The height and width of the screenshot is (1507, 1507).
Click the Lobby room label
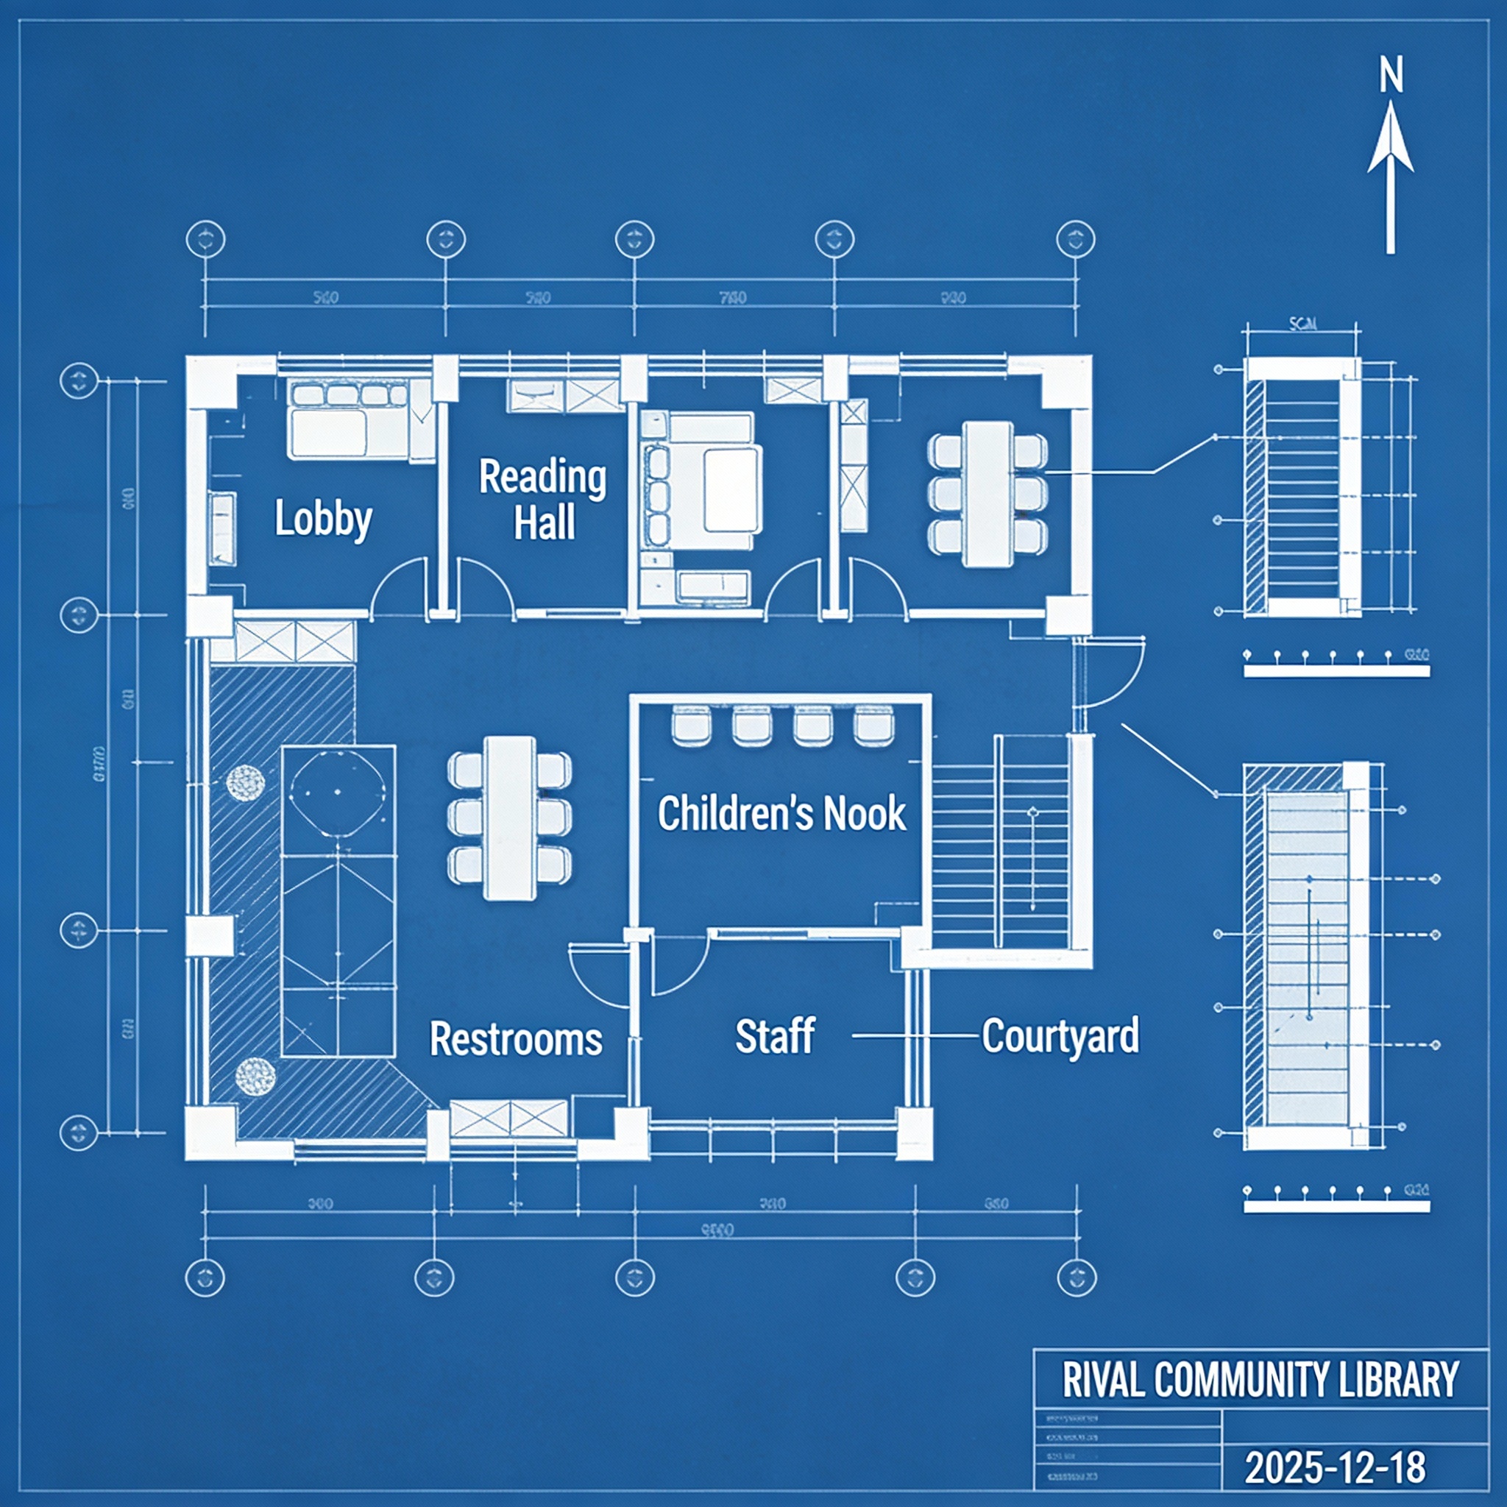pyautogui.click(x=323, y=519)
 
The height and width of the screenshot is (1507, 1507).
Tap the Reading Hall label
pyautogui.click(x=543, y=499)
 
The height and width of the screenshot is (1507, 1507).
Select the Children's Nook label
pyautogui.click(x=781, y=814)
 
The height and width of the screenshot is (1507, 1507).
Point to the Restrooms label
pyautogui.click(x=516, y=1038)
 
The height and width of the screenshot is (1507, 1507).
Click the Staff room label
pyautogui.click(x=775, y=1036)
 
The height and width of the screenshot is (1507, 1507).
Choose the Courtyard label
pyautogui.click(x=1060, y=1036)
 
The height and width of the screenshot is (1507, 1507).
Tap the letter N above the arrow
pyautogui.click(x=1391, y=77)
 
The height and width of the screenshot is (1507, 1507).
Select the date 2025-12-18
pyautogui.click(x=1336, y=1467)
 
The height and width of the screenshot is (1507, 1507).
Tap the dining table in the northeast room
pyautogui.click(x=987, y=494)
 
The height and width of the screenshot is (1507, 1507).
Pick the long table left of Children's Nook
pyautogui.click(x=509, y=818)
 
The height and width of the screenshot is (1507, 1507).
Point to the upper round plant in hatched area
pyautogui.click(x=245, y=781)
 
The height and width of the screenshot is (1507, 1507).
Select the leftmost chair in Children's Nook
pyautogui.click(x=691, y=724)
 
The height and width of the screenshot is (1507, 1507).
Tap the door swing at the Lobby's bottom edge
pyautogui.click(x=400, y=589)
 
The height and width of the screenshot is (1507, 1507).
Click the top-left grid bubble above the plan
pyautogui.click(x=205, y=238)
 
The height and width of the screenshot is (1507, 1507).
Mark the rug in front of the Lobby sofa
pyautogui.click(x=327, y=433)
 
